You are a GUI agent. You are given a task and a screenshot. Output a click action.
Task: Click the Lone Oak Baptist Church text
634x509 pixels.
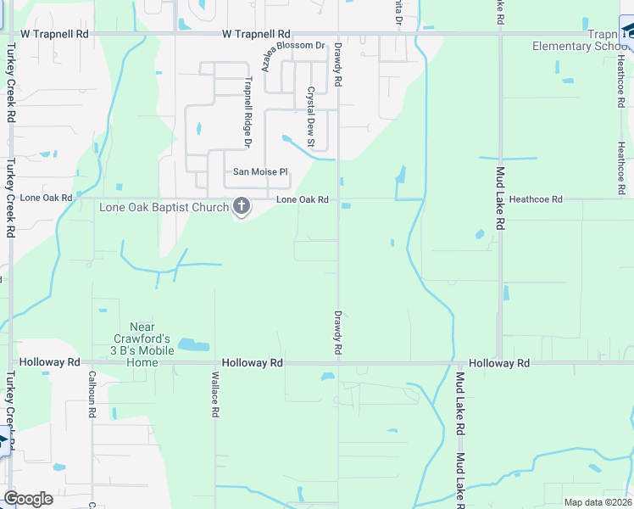pos(164,207)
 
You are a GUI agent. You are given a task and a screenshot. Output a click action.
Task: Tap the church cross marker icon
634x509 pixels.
pos(242,206)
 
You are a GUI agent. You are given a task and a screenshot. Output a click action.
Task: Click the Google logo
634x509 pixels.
pos(28,499)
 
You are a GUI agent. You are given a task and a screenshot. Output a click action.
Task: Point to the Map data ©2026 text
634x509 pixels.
pos(598,502)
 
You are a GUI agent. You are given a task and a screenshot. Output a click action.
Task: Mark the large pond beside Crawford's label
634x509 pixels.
pos(193,345)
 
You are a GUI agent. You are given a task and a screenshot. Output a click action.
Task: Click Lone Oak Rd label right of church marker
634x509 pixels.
pos(302,199)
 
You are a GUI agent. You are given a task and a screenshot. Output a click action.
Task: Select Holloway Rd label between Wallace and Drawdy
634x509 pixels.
pos(252,362)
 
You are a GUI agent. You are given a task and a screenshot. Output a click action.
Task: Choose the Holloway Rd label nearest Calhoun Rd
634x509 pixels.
pos(49,362)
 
